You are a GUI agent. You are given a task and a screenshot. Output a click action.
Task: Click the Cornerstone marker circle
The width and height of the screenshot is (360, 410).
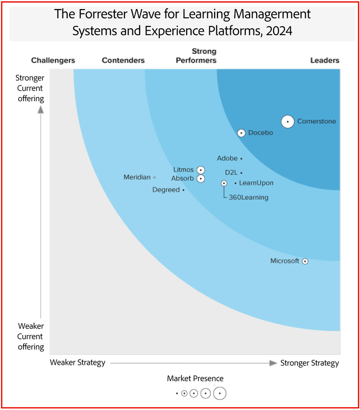(288, 122)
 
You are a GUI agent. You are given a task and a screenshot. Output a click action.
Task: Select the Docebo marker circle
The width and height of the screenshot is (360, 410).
(241, 133)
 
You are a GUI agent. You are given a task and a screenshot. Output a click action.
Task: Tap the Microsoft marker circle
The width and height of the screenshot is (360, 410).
(305, 261)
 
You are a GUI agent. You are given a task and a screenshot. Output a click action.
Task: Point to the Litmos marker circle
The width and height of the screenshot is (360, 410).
(201, 170)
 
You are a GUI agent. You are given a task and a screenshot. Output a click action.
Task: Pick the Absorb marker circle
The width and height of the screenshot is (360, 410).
(201, 179)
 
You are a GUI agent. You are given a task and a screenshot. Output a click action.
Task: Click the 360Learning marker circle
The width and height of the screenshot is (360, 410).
(224, 183)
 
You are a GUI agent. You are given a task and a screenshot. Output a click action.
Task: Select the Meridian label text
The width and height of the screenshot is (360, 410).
(137, 177)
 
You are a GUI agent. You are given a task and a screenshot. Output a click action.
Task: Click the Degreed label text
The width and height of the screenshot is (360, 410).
(166, 190)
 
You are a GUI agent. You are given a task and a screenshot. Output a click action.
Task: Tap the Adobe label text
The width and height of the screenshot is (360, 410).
(227, 158)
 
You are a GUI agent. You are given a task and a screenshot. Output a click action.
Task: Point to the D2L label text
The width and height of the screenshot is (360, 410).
(232, 172)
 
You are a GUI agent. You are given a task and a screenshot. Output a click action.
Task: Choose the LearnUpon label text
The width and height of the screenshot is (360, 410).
(256, 183)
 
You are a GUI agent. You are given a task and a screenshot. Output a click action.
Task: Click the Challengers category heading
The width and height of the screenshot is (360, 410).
(53, 60)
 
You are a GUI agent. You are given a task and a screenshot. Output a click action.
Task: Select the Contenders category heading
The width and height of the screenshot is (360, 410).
(123, 60)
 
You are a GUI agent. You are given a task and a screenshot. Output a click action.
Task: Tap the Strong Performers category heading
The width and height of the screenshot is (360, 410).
(196, 56)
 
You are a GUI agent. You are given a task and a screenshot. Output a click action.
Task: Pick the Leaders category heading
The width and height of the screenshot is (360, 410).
(325, 60)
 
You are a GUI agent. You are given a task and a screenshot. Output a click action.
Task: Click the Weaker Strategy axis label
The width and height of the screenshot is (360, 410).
(77, 362)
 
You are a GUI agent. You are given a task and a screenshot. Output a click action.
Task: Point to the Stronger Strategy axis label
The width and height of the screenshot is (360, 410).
(310, 363)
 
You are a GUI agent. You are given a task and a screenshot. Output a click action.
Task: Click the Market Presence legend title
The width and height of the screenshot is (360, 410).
(195, 378)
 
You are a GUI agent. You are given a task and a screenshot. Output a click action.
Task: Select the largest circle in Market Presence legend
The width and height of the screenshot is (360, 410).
(220, 393)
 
